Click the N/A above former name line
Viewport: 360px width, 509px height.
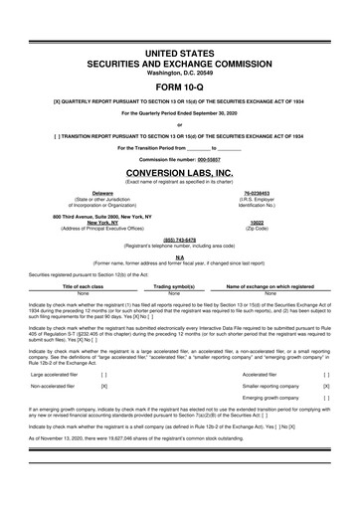point(180,254)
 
